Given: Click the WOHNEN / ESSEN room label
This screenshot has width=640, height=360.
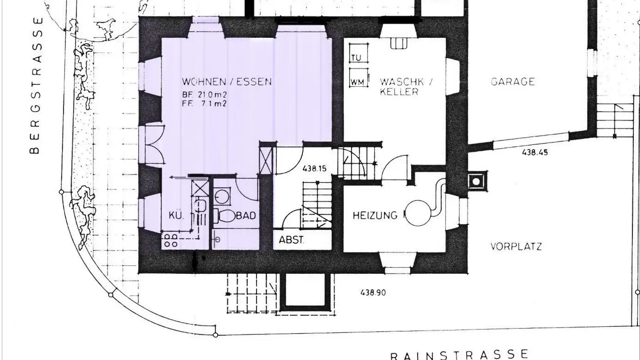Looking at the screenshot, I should click(227, 82).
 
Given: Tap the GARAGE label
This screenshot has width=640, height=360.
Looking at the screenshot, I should click(512, 82).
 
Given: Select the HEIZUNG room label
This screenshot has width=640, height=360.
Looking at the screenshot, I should click(375, 216).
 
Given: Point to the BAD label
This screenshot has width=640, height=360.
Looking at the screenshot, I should click(246, 216).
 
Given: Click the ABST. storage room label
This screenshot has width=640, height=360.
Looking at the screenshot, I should click(292, 240).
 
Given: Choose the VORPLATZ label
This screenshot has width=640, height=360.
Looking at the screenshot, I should click(516, 246).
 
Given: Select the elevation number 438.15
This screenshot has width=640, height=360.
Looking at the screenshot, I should click(314, 168).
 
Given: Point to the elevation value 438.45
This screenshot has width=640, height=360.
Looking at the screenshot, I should click(535, 152).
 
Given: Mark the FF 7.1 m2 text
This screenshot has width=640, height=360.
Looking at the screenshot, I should click(205, 104).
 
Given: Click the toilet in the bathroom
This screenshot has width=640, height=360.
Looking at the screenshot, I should click(226, 216).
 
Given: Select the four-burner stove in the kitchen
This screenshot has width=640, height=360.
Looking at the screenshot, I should click(172, 240).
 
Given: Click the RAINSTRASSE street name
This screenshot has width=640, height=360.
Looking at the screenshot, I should click(459, 355).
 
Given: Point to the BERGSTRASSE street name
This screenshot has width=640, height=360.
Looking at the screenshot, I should click(36, 85).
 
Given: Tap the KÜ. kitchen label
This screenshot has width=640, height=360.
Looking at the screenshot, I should click(176, 216).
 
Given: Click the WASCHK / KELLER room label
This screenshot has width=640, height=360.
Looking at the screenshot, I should click(405, 87).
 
